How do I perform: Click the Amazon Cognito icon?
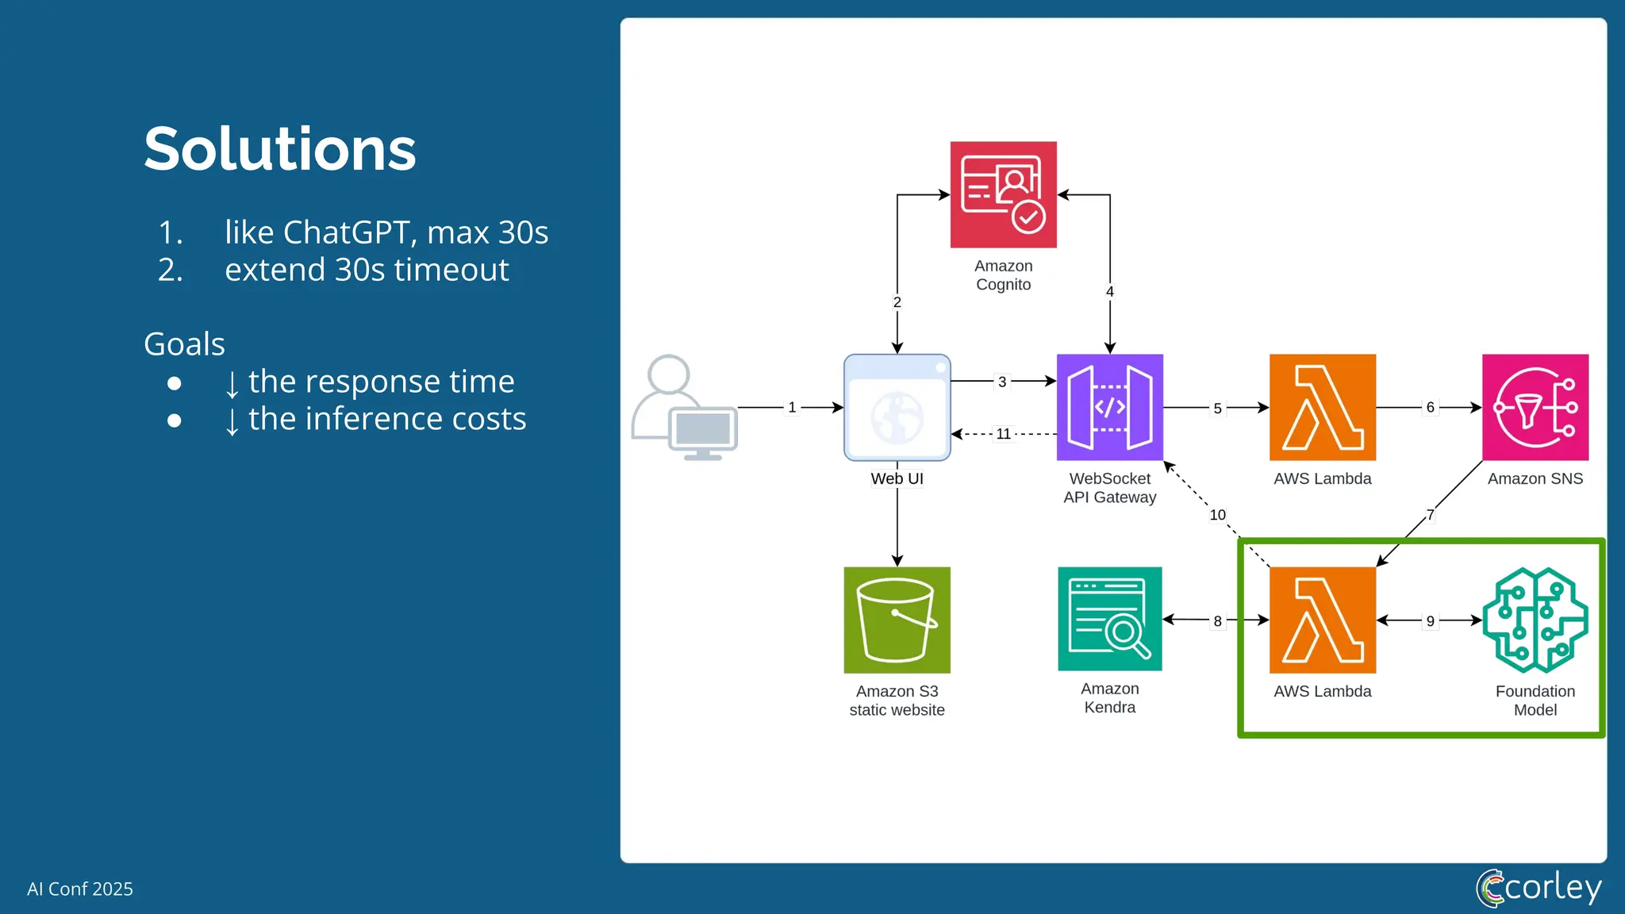(1003, 194)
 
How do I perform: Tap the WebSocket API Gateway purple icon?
(1109, 407)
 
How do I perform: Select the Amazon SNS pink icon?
(1535, 407)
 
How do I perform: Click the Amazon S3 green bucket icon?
(897, 620)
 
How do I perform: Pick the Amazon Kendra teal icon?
(1109, 619)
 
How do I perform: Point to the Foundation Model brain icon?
(1535, 620)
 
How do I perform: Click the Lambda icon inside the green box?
(1322, 620)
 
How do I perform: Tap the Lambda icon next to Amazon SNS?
(1322, 407)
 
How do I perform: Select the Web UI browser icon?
(897, 407)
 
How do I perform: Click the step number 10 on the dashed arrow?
(1217, 515)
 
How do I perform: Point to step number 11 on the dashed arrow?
(1003, 434)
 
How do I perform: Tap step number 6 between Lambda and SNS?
(1430, 407)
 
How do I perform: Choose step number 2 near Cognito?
(897, 302)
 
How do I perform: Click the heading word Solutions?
(279, 149)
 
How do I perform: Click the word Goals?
(184, 344)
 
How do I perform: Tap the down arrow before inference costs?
(232, 421)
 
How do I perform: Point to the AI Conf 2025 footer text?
(80, 889)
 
